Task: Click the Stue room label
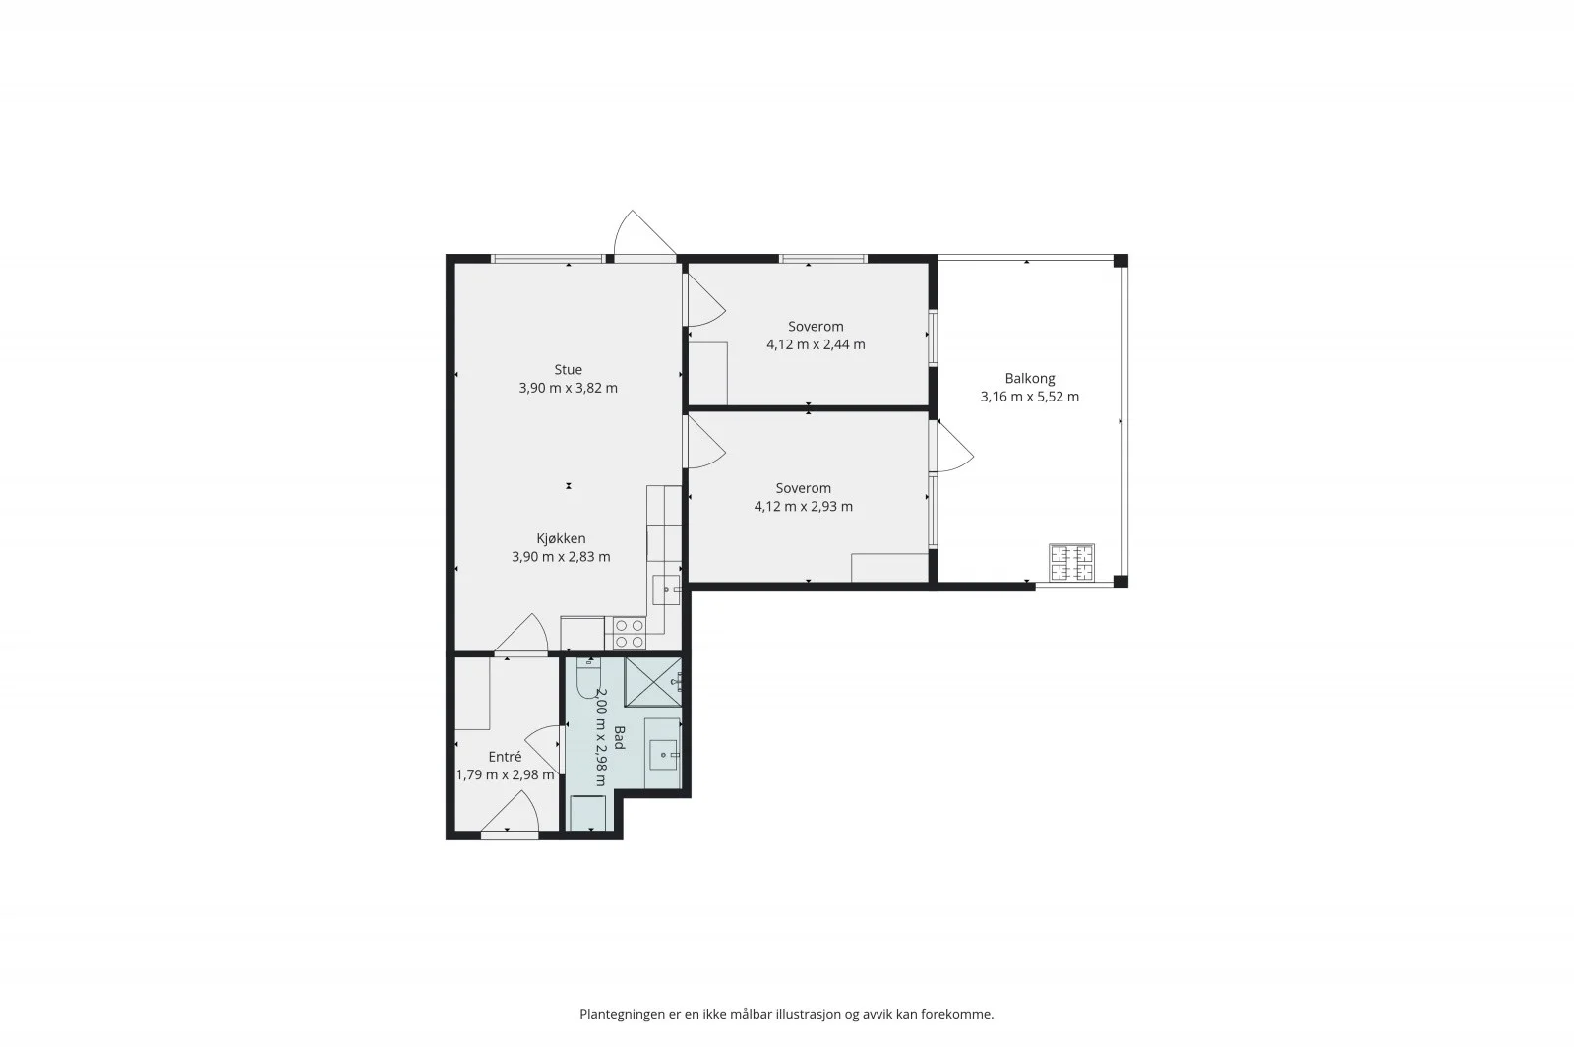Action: (x=568, y=370)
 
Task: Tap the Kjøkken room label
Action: (x=561, y=539)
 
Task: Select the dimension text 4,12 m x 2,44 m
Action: (x=816, y=345)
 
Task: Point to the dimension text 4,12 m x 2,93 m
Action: (x=803, y=507)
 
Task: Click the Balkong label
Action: (x=1029, y=379)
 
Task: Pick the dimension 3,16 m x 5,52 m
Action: (x=1029, y=397)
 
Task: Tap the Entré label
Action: (x=505, y=757)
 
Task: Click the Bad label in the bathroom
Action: (x=619, y=738)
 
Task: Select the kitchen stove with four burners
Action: (x=629, y=633)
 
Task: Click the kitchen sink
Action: (x=666, y=589)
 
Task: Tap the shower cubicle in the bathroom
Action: (x=653, y=682)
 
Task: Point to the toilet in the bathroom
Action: (x=587, y=677)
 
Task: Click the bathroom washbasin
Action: (x=663, y=755)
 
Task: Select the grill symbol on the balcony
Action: (x=1071, y=562)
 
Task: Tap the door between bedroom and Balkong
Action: (x=951, y=447)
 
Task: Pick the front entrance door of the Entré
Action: (x=511, y=815)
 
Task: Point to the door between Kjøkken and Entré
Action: (x=520, y=635)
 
